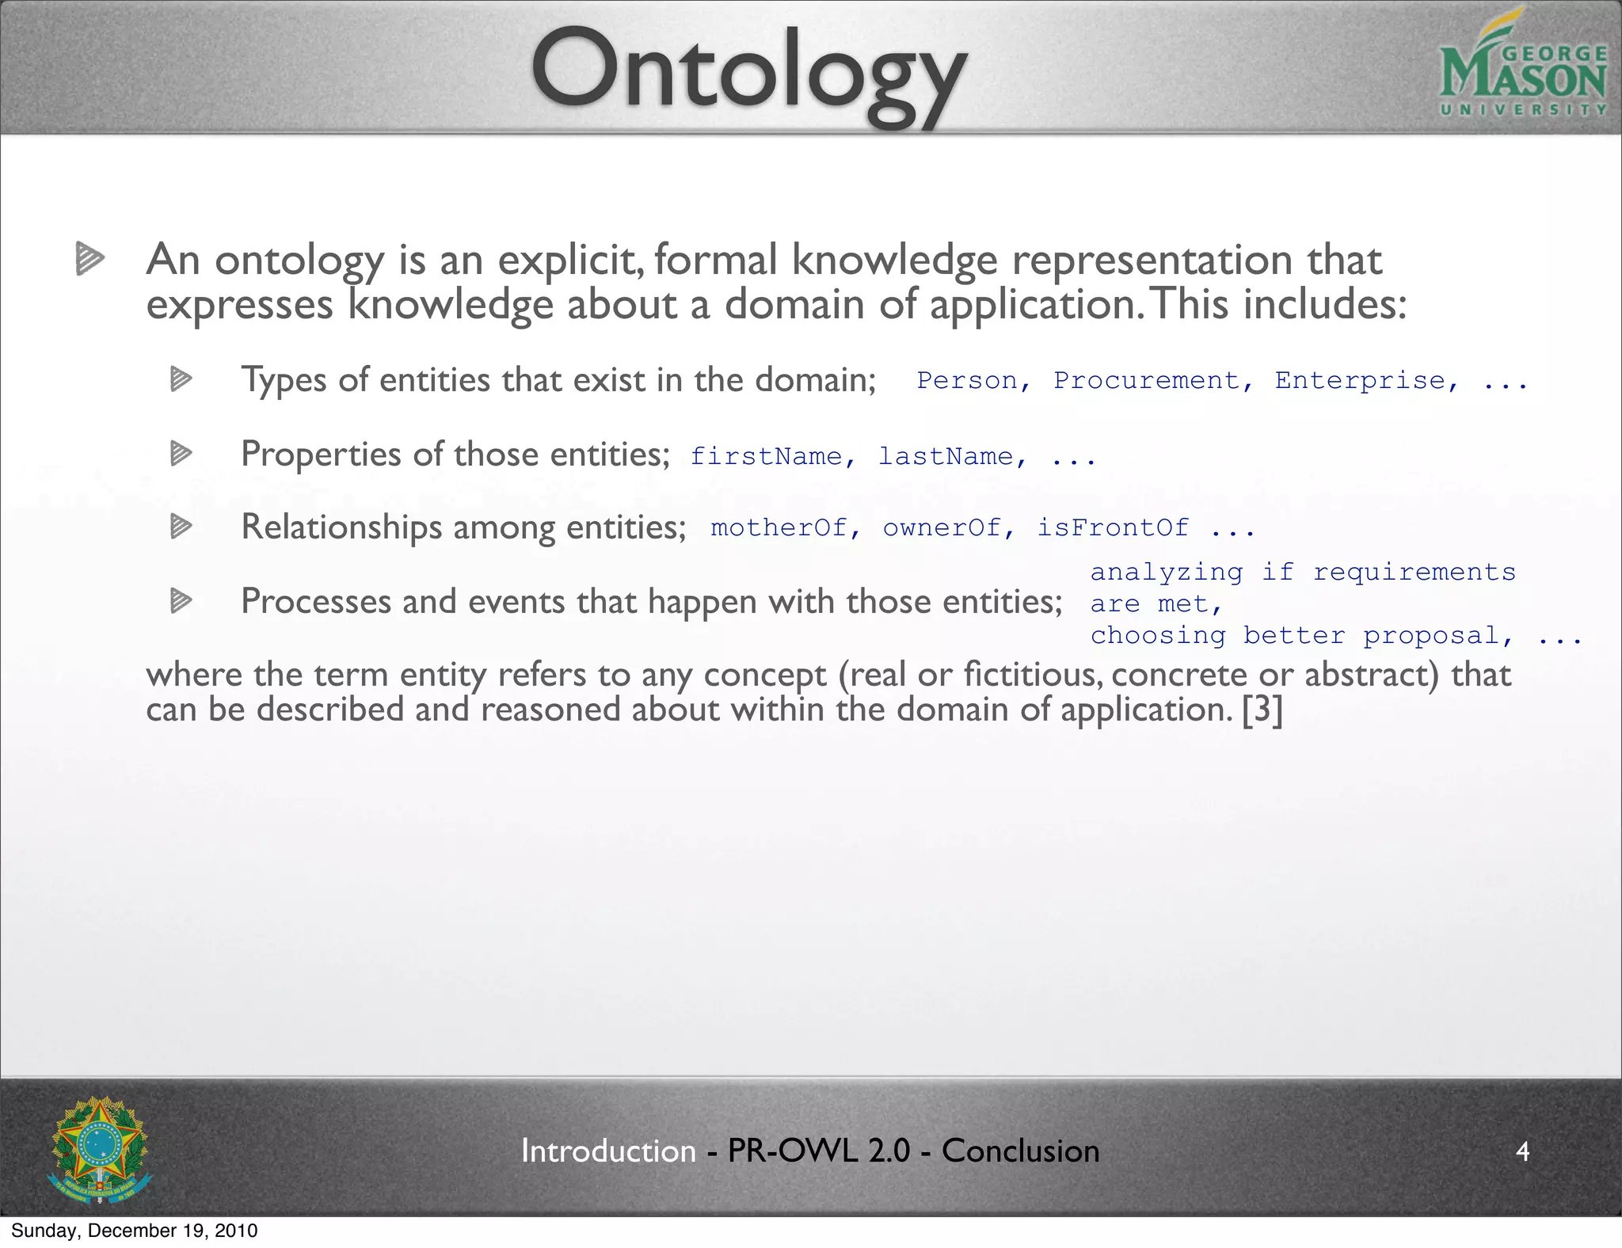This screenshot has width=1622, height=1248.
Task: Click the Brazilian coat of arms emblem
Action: (x=99, y=1149)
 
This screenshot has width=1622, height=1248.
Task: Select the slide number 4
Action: (x=1522, y=1151)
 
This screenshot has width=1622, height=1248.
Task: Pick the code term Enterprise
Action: (x=1365, y=381)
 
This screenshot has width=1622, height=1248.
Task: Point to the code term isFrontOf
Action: (x=1113, y=527)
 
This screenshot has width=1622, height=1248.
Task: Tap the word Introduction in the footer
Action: (x=608, y=1151)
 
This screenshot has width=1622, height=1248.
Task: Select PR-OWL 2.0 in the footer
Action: (x=818, y=1151)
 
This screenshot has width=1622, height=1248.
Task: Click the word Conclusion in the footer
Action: (x=1020, y=1151)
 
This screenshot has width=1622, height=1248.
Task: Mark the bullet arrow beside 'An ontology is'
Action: (x=89, y=258)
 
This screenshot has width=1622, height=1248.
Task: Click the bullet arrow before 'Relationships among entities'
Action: (x=181, y=526)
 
